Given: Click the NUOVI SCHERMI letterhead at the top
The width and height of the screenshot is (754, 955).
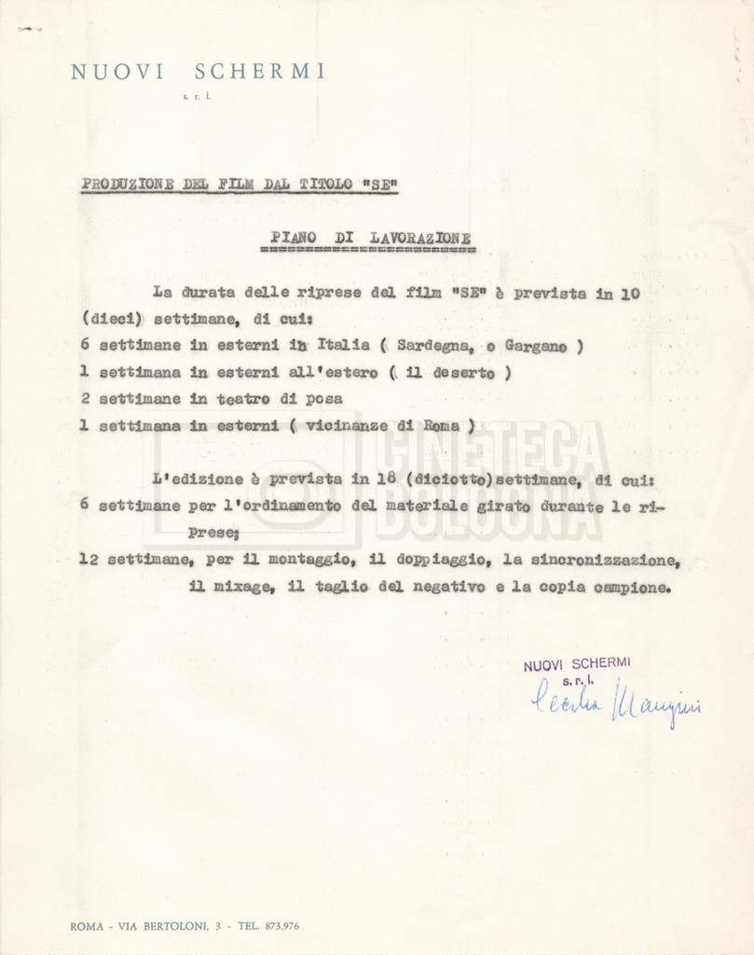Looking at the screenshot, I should [198, 72].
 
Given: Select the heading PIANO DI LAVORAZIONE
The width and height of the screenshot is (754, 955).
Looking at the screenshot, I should [364, 238].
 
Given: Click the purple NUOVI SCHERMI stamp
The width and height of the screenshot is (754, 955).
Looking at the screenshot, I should [576, 664].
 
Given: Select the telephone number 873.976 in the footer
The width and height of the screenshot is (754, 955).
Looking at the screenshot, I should [277, 926].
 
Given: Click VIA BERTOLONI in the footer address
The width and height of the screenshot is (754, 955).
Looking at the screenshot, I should [176, 926].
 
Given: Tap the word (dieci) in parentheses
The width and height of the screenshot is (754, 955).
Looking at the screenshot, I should [113, 318].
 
